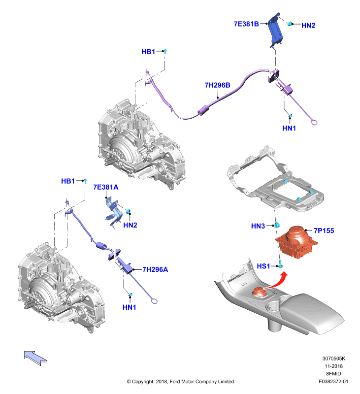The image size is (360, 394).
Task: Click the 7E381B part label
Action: coord(246,24)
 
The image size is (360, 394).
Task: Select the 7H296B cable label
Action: coord(217,85)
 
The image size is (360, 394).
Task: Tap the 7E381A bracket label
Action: coord(105,187)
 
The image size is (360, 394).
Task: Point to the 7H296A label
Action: coord(155,269)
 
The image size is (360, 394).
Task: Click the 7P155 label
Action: coord(324,230)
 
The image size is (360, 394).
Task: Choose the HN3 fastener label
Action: coord(258,226)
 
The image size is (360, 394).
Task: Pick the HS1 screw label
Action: coord(263,266)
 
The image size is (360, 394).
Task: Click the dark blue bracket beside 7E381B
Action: coord(275,30)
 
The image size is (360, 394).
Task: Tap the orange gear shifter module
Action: coord(296,242)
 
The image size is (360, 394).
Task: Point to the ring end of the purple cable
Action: coord(314,122)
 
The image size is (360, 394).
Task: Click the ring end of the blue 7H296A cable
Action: coord(155,301)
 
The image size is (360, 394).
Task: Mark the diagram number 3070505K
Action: coord(333,359)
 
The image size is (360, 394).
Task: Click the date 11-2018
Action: coord(333,366)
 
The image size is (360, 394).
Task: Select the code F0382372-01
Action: coord(333,381)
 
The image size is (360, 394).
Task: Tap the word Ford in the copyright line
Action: coord(175,381)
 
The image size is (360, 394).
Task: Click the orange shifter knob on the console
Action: coord(259,293)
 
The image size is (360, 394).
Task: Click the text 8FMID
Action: coord(333,374)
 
